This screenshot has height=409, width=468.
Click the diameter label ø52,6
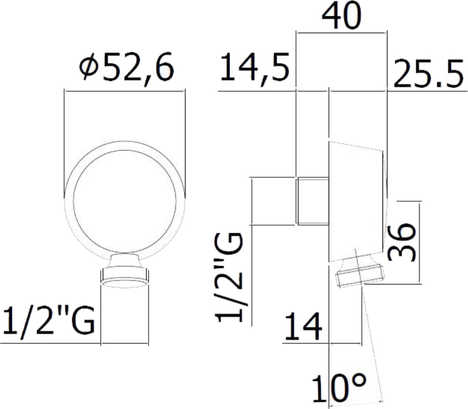126,68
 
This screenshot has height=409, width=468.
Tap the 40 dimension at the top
341,16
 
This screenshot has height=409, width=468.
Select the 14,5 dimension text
255,69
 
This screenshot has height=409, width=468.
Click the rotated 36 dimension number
402,242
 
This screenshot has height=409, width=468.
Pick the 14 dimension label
304,326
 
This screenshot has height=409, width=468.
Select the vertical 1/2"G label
229,278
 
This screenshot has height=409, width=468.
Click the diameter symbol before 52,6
89,67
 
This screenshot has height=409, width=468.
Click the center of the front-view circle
125,201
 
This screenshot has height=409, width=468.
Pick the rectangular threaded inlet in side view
313,201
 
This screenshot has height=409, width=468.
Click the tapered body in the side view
356,201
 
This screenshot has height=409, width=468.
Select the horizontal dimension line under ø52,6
125,91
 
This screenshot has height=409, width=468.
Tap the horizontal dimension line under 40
341,32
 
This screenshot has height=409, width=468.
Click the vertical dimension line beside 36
420,242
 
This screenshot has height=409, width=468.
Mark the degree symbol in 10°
358,381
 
